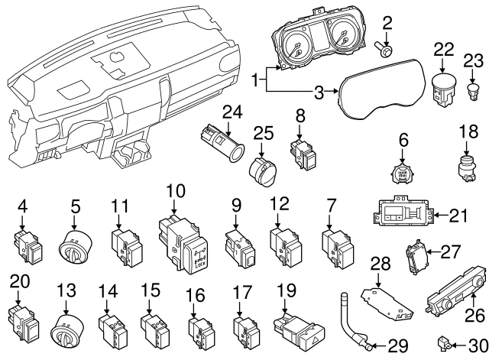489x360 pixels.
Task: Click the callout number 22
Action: point(443,48)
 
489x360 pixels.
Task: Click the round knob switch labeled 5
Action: point(75,244)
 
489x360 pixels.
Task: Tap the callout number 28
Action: point(380,264)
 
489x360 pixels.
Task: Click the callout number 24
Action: point(232,112)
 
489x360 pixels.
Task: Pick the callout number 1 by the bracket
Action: point(256,78)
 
